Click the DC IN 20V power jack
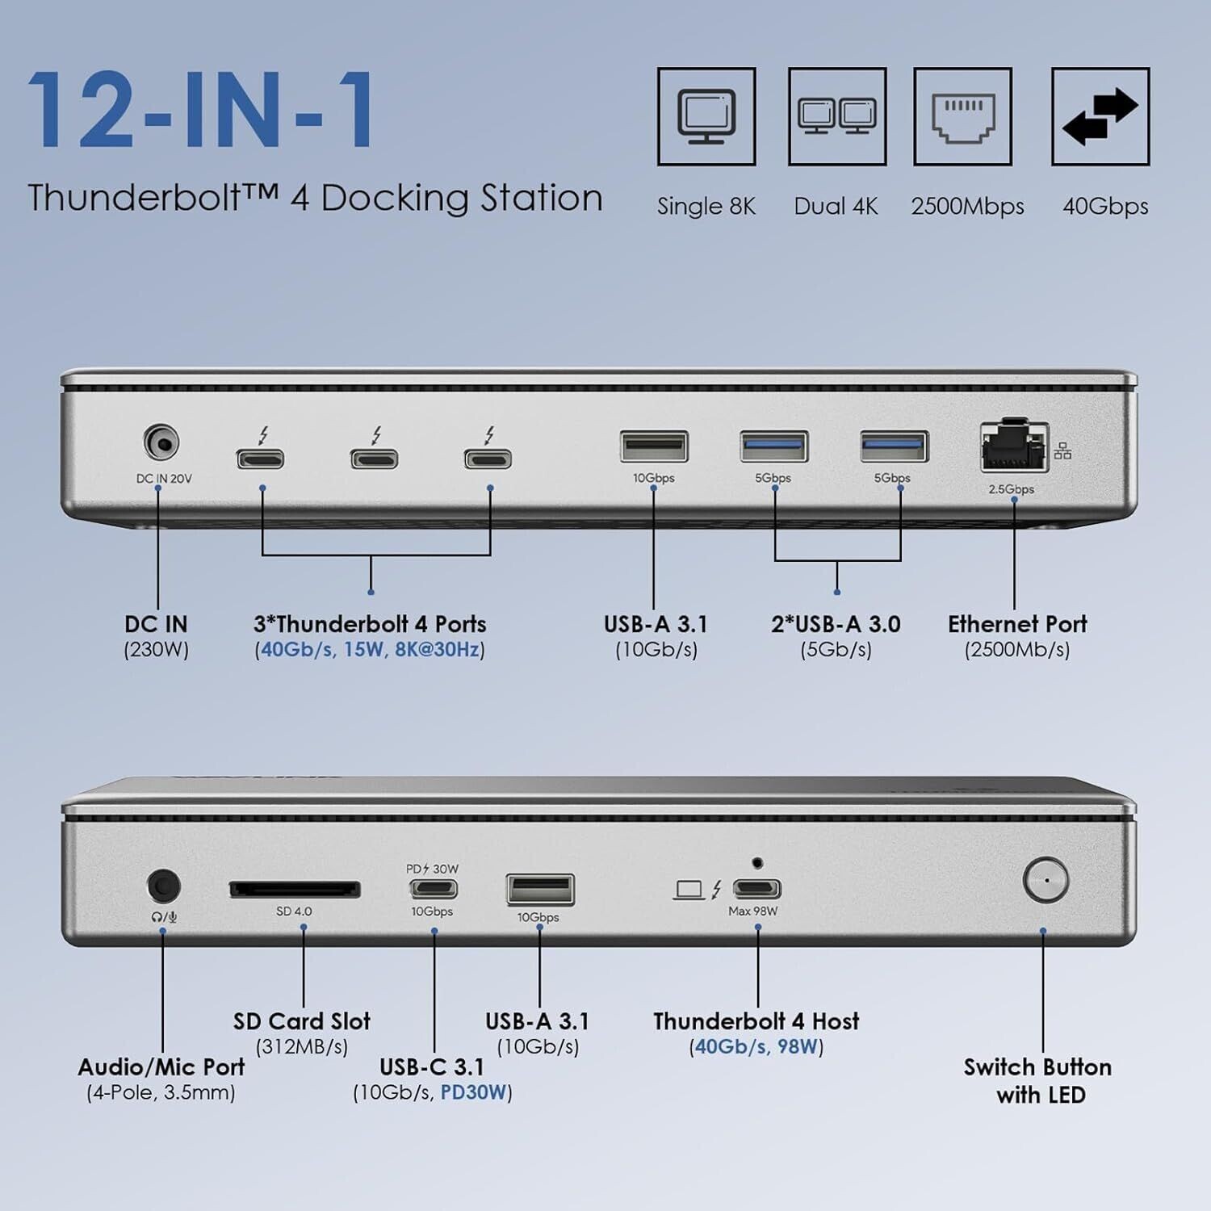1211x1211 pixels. [x=161, y=443]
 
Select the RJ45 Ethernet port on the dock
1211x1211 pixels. [x=1014, y=446]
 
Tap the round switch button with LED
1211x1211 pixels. [x=1045, y=879]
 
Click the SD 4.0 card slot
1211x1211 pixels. [x=295, y=890]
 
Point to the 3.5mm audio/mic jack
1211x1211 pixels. [x=164, y=886]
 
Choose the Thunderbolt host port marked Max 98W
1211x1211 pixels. [x=756, y=889]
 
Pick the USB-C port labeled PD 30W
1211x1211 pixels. [x=434, y=889]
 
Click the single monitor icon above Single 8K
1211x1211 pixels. [x=706, y=115]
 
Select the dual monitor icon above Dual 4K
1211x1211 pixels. [x=837, y=115]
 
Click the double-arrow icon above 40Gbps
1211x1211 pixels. [x=1100, y=117]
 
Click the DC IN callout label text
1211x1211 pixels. [x=156, y=624]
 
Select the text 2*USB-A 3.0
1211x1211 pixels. [x=836, y=624]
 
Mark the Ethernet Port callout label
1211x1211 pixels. [x=1017, y=624]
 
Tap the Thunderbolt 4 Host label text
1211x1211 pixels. [x=756, y=1021]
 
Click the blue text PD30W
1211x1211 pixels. [x=474, y=1092]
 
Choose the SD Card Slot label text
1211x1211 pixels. [x=302, y=1021]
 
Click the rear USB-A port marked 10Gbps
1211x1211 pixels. [x=654, y=446]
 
